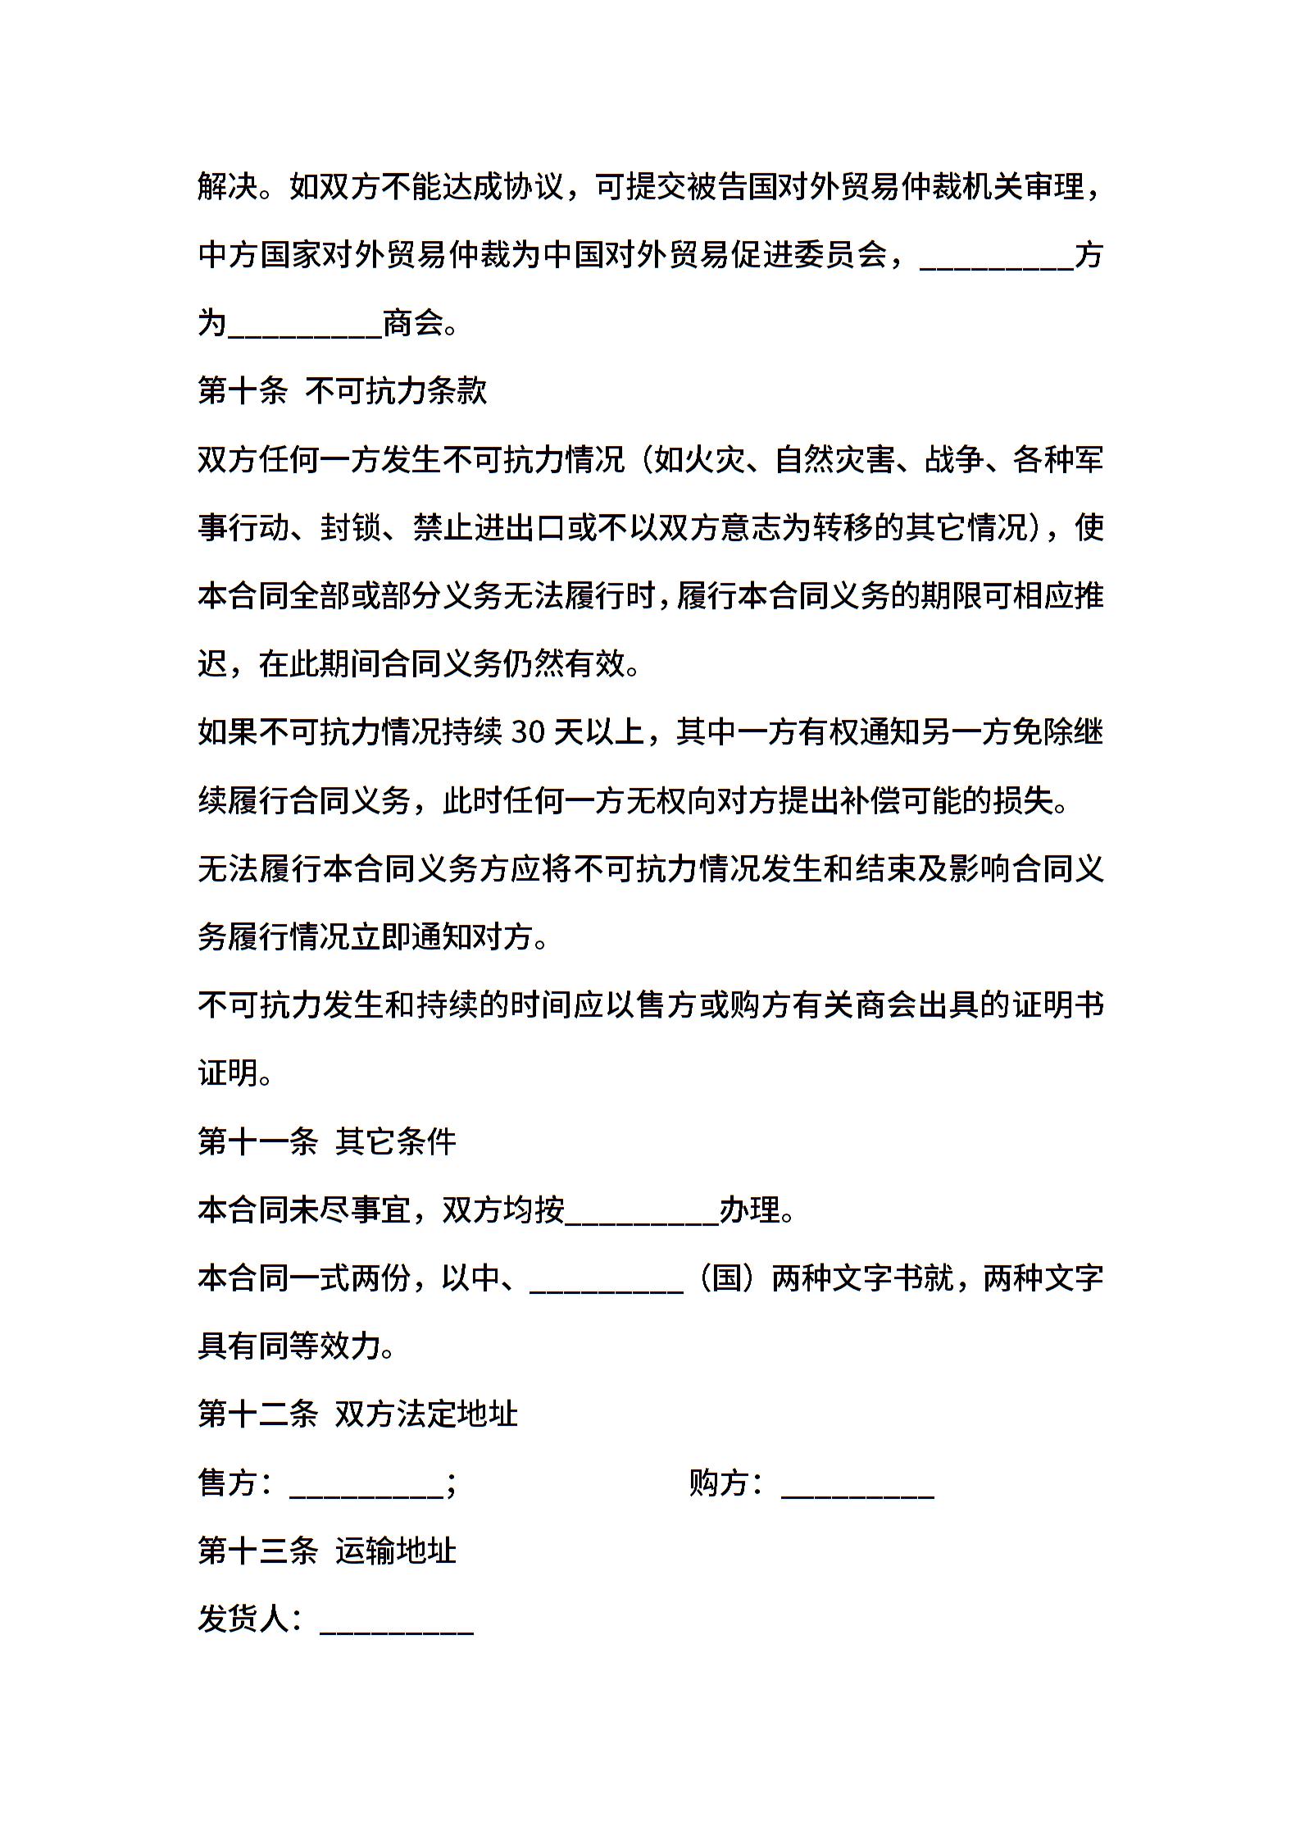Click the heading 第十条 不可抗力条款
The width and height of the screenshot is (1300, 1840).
tap(343, 391)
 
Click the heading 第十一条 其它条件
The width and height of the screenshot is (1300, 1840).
tap(327, 1141)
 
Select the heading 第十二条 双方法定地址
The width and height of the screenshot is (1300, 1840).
tap(357, 1414)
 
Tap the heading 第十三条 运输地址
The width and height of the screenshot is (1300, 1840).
tap(327, 1551)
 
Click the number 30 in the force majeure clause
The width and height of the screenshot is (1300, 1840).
tap(527, 732)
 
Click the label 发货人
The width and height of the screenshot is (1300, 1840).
tap(243, 1619)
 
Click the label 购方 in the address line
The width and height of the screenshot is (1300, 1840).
tap(719, 1482)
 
